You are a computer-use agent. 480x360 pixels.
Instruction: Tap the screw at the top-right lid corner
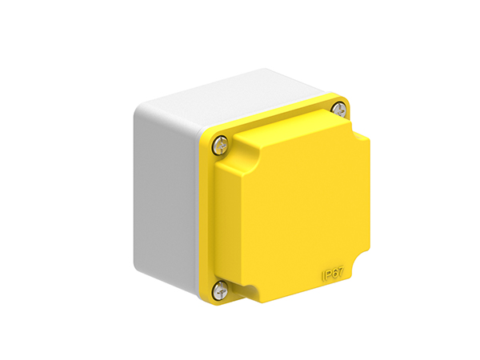[x=341, y=106]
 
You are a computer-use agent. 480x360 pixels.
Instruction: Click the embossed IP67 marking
[x=333, y=275]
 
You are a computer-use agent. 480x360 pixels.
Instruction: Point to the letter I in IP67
[x=323, y=278]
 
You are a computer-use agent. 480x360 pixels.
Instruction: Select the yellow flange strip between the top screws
[x=280, y=119]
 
